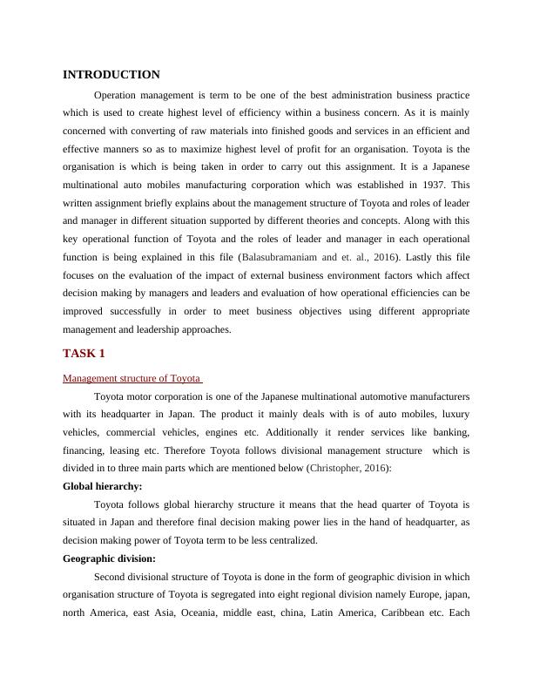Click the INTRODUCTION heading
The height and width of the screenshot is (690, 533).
[111, 75]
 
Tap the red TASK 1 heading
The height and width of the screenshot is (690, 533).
[85, 353]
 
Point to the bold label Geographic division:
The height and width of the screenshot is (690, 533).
[110, 558]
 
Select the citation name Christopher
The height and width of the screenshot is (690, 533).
[337, 468]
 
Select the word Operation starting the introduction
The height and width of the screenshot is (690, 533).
[118, 94]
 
